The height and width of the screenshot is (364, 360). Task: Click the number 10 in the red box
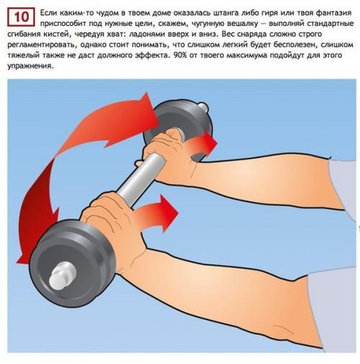click(22, 17)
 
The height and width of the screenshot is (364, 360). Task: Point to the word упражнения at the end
click(30, 66)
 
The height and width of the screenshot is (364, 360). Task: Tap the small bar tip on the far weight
click(203, 107)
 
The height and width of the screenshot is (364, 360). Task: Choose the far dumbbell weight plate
click(178, 125)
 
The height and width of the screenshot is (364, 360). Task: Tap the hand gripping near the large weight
click(113, 223)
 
